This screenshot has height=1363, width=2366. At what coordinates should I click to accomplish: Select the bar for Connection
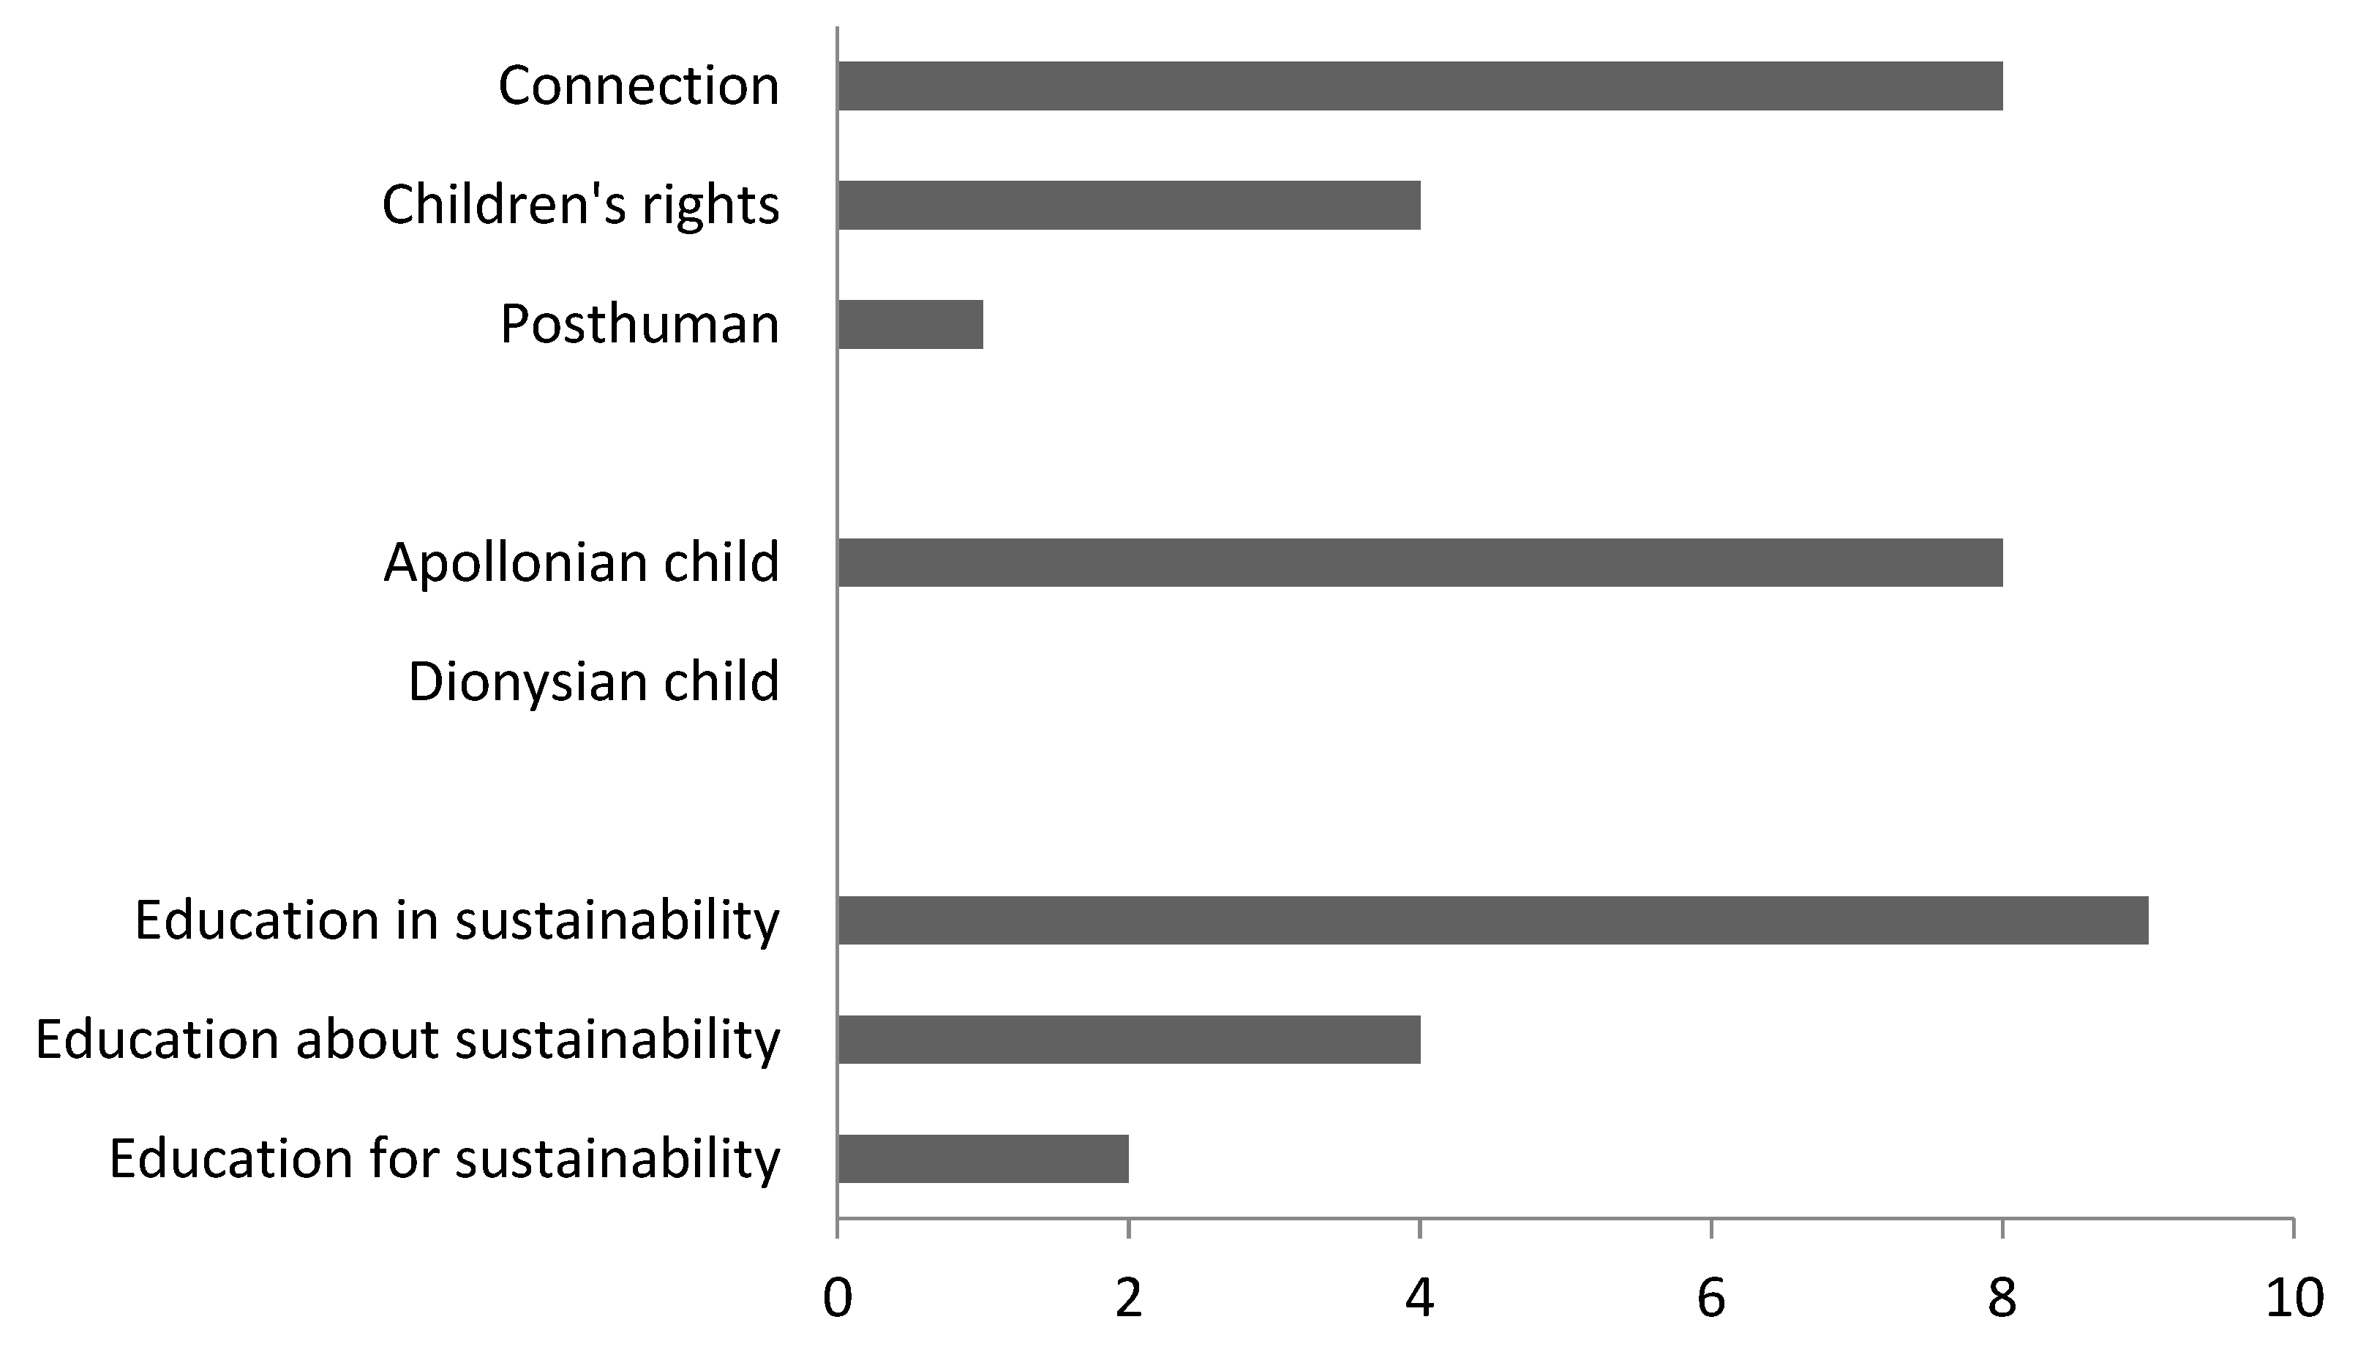pos(1420,86)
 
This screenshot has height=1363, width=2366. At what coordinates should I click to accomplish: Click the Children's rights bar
pos(1129,205)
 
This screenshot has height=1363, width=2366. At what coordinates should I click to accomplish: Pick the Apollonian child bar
pos(1420,563)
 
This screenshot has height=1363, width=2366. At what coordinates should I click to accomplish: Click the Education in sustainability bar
pos(1492,920)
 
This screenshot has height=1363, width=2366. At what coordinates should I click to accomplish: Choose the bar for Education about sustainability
pos(1129,1039)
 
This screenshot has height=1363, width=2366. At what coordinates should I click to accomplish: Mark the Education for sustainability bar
pos(983,1159)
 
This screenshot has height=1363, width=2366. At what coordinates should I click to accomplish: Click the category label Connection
pos(638,86)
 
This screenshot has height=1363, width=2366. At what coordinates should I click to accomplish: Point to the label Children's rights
pos(580,205)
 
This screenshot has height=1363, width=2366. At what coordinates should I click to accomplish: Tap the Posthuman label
pos(639,324)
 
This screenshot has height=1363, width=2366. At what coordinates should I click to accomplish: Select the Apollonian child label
pos(581,563)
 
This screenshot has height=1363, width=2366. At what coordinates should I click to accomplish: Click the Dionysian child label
pos(593,682)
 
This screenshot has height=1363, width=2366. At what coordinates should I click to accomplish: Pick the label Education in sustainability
pos(457,920)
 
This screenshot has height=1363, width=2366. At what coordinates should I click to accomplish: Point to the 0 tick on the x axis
pos(837,1299)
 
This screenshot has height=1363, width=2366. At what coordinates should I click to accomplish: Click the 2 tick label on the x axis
pos(1129,1299)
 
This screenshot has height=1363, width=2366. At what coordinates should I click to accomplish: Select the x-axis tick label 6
pos(1711,1299)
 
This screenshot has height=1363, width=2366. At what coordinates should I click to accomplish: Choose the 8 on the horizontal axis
pos(2002,1299)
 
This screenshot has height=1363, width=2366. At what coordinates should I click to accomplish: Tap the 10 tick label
pos(2293,1299)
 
